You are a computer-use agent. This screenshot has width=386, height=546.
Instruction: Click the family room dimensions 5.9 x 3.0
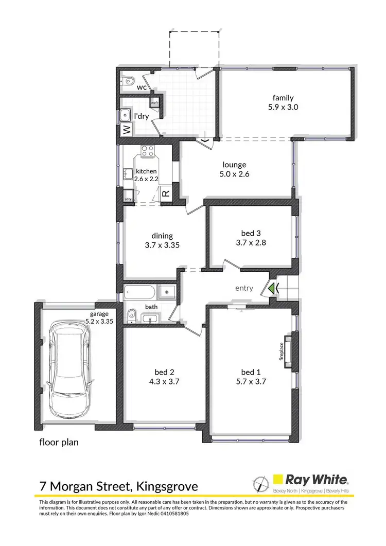(x=283, y=108)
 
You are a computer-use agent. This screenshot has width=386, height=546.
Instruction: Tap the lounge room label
(x=235, y=165)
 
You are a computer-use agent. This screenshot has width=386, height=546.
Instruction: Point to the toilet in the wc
(x=129, y=80)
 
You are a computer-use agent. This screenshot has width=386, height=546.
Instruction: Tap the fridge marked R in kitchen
(x=166, y=194)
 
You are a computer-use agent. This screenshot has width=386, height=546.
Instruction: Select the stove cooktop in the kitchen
(x=148, y=151)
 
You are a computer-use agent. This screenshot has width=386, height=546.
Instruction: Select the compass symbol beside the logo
(x=260, y=484)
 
